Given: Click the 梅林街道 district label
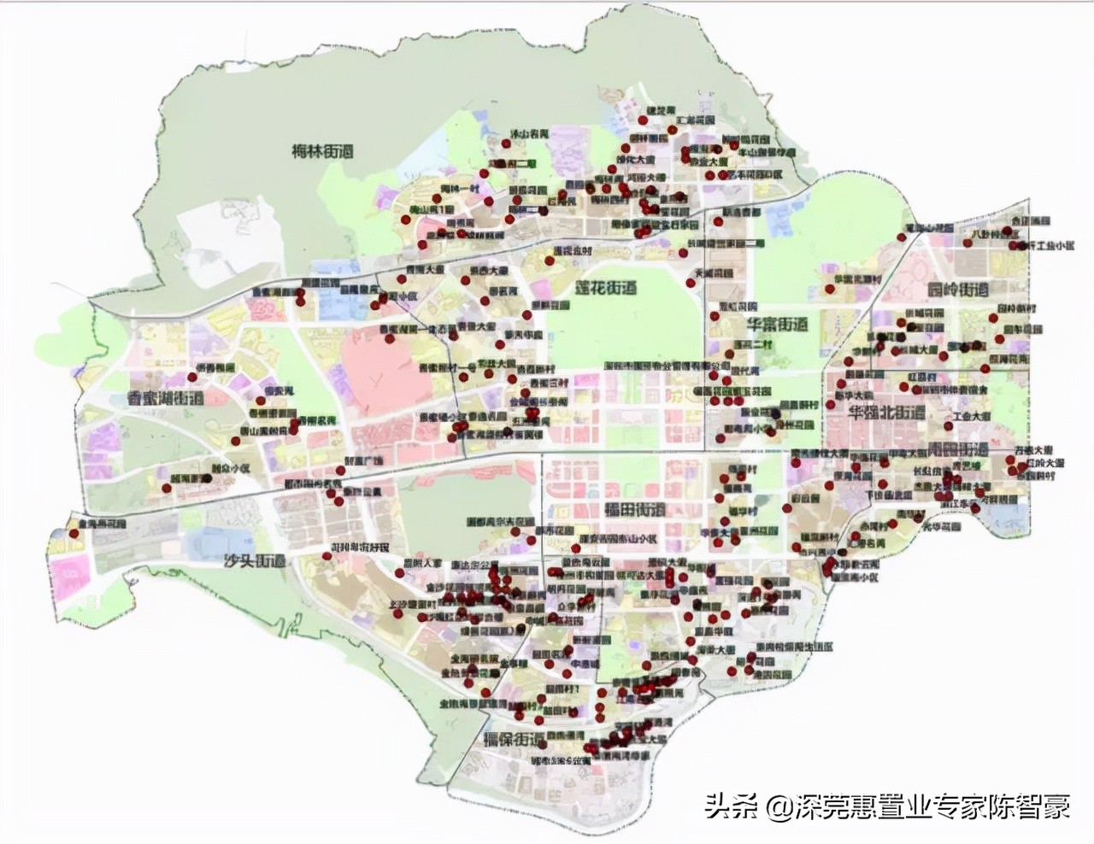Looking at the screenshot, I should coord(322,152).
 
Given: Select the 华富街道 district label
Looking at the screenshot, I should coord(777,325).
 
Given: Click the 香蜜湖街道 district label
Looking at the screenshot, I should coord(165,399).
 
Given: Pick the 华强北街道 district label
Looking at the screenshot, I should coord(886,413).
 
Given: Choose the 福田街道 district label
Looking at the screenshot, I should coord(634,510).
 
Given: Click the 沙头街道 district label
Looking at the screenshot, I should coord(254,561).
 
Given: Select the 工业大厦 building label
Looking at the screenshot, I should coord(972,416).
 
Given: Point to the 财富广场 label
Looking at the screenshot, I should coord(363,460).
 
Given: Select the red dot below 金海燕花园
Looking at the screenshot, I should coord(74,534).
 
